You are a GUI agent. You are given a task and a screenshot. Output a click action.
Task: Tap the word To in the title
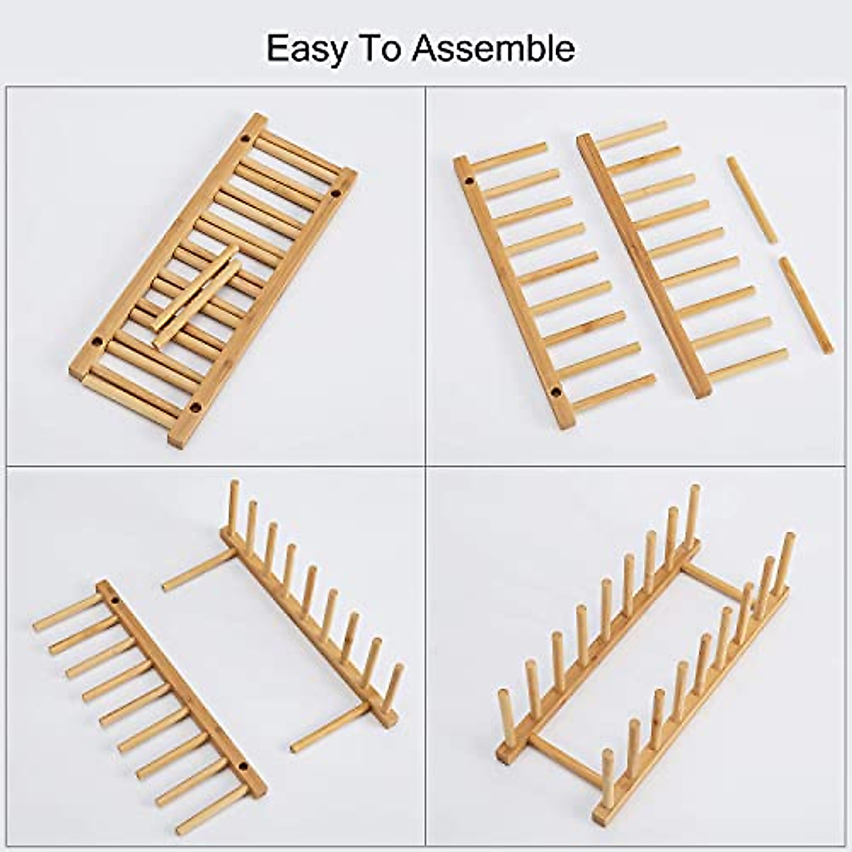tap(383, 48)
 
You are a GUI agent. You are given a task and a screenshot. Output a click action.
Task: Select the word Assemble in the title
tap(494, 48)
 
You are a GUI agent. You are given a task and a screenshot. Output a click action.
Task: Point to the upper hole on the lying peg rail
tap(115, 601)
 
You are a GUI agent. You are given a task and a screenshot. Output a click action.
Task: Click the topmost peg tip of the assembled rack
tap(695, 491)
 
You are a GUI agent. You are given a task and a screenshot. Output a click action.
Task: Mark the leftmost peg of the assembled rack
tap(505, 717)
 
